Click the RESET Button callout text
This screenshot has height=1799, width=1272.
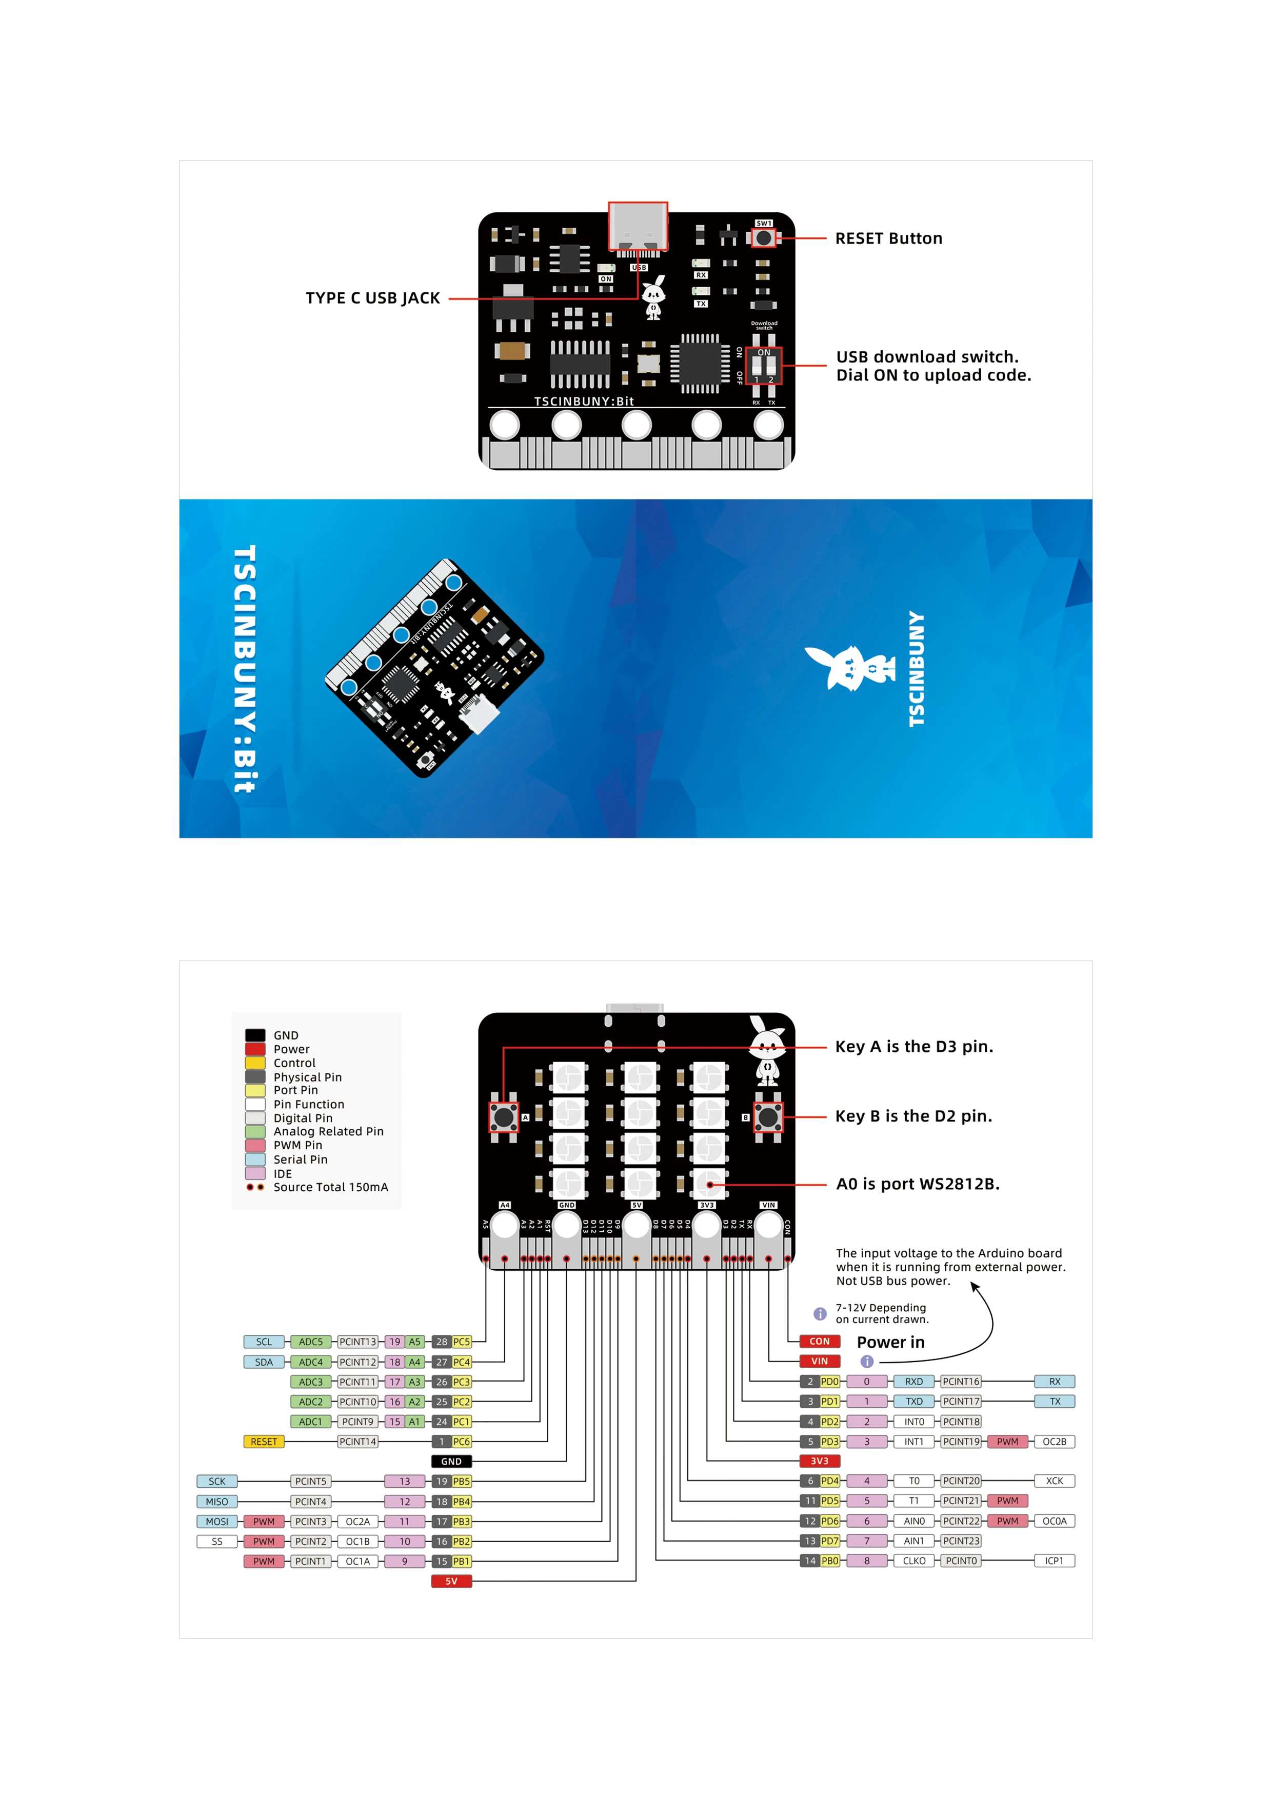[x=888, y=238]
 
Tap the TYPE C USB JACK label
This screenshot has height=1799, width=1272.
[x=372, y=298]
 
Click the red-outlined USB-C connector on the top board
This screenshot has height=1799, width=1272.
[x=638, y=227]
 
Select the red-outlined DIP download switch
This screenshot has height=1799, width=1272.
[x=763, y=365]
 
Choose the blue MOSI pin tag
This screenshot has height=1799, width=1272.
[x=217, y=1521]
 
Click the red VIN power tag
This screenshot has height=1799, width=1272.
[x=819, y=1361]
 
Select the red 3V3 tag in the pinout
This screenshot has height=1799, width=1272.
[x=819, y=1461]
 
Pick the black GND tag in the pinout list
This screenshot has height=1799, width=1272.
[x=451, y=1461]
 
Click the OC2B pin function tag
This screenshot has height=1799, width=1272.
[x=1054, y=1441]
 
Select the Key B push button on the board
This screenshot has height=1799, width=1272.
[x=767, y=1116]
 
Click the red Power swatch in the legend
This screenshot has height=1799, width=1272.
[x=255, y=1049]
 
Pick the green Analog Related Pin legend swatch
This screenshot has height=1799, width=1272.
[x=255, y=1131]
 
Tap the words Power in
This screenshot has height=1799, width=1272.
[x=890, y=1342]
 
